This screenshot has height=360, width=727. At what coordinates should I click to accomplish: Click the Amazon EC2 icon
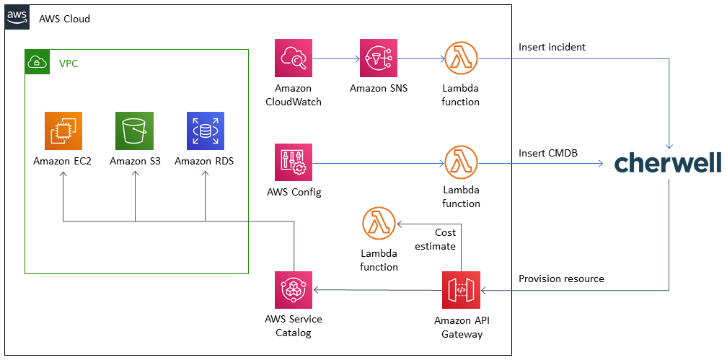coord(63,131)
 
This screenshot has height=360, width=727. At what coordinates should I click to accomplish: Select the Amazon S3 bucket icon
coord(135,131)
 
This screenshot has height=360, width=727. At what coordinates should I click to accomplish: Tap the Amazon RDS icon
coord(206,131)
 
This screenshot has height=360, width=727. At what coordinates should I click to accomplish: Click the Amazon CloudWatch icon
coord(294,58)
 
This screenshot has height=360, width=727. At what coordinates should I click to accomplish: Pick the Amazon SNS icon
coord(379,58)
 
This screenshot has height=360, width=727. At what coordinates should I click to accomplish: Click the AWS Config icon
coord(294,162)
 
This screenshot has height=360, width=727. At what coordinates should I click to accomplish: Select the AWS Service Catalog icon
coord(294,290)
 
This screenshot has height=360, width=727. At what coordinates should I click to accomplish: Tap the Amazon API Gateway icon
coord(461,290)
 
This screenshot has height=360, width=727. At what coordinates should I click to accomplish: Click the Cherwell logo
coord(667,163)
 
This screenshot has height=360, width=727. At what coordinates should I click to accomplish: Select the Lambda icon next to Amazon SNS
coord(461,58)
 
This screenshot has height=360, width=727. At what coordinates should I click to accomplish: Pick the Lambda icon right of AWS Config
coord(461,162)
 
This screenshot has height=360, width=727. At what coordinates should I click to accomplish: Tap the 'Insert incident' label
coord(552,48)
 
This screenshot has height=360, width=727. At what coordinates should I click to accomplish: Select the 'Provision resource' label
coord(561,278)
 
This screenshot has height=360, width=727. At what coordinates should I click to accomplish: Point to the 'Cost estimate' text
coord(436,240)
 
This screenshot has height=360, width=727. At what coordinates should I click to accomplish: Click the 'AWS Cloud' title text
coord(64,19)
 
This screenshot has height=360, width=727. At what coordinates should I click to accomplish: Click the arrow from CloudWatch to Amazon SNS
coord(336,58)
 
